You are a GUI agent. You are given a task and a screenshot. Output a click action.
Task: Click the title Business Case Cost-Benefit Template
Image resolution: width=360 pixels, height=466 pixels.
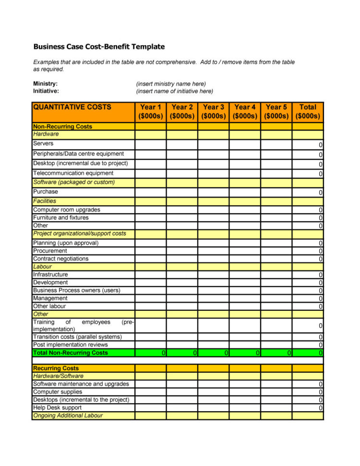coord(99,47)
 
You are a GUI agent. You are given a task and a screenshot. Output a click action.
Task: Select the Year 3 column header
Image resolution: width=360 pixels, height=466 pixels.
coord(213,111)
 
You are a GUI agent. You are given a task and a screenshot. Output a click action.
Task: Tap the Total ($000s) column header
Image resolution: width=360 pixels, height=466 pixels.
coord(308,111)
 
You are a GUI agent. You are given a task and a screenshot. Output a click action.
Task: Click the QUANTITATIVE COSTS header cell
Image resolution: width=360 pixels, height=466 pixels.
coord(72,107)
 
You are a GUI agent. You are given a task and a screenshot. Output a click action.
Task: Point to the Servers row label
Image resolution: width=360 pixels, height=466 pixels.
coord(43,144)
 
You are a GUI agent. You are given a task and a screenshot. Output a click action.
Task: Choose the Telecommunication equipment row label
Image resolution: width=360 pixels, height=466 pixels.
coord(73,173)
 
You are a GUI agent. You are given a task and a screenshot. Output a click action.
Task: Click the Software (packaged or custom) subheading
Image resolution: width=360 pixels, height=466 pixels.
coord(74,183)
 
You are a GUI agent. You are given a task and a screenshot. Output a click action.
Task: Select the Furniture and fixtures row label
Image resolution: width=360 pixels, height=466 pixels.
coord(61,218)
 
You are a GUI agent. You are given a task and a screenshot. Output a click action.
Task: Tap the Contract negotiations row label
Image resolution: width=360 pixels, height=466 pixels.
coord(61,259)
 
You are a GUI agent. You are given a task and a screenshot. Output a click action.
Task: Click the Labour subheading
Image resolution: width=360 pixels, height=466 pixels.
coord(42,267)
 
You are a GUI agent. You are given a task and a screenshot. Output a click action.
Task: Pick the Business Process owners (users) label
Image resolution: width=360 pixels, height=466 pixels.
coord(76,291)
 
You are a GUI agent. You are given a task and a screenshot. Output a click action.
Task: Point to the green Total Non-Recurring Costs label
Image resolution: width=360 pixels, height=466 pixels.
coord(71,353)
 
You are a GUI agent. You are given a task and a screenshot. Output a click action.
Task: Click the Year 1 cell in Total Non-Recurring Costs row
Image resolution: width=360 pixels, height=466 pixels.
coord(150,353)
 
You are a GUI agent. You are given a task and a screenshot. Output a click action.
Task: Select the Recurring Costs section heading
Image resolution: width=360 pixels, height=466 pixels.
coord(56,368)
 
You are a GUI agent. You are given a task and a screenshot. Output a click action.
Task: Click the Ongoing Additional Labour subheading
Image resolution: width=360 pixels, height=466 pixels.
coord(68,416)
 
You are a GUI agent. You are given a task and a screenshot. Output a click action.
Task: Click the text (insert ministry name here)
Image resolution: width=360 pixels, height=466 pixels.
coord(171,84)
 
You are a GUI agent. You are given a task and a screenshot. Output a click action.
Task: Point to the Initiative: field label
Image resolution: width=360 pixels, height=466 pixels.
coord(46,91)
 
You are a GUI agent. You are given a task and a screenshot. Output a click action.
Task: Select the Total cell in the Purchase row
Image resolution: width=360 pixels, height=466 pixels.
coord(308,192)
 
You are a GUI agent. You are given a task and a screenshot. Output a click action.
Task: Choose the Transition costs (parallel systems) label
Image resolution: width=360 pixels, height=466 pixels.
coord(77,337)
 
